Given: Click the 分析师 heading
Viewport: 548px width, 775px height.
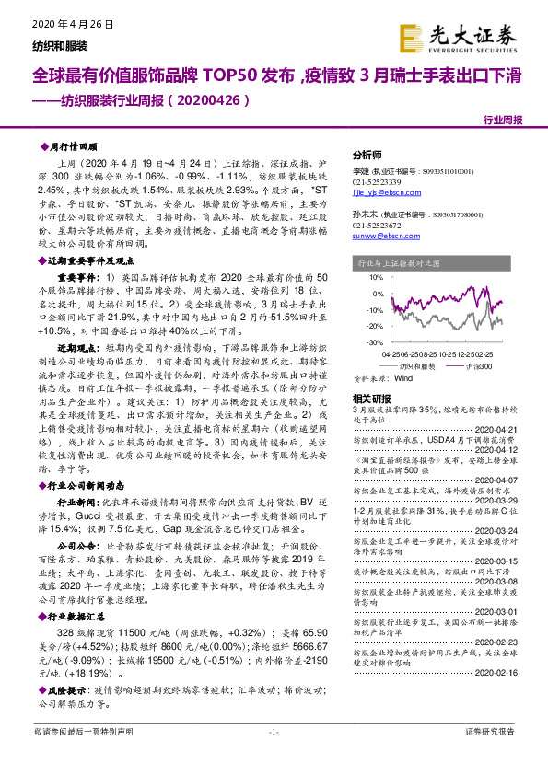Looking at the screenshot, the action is (367, 155).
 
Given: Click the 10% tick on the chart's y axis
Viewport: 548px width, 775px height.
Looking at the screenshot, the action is (372, 277).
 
